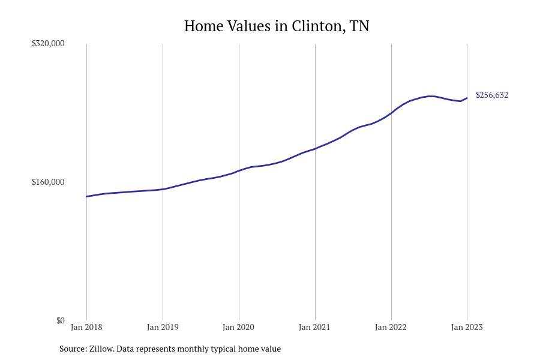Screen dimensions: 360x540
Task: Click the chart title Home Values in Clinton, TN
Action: (x=277, y=26)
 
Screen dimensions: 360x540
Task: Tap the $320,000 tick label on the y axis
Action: (x=48, y=43)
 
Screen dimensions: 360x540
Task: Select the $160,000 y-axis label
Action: (x=48, y=182)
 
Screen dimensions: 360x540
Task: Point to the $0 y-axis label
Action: (x=60, y=320)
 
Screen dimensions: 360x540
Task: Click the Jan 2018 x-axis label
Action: (x=86, y=327)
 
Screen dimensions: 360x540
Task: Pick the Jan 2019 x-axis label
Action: (x=163, y=327)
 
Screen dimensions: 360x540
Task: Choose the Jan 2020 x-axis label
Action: (x=239, y=327)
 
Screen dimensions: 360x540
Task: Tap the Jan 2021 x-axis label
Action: (x=315, y=327)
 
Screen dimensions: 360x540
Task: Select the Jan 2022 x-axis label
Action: (x=391, y=327)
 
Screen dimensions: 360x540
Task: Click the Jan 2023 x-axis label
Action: (x=467, y=327)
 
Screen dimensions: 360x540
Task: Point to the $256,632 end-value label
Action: (x=492, y=95)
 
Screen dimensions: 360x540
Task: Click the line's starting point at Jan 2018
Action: (x=86, y=196)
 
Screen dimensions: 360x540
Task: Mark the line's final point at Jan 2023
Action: (x=467, y=98)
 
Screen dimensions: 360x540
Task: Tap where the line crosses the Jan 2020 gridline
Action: (x=239, y=170)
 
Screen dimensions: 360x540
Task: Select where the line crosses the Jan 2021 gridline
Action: (x=315, y=148)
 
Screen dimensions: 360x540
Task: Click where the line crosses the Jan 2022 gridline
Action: (x=391, y=112)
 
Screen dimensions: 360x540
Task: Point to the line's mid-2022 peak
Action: (x=430, y=96)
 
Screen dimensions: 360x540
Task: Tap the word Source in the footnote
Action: (x=73, y=349)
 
